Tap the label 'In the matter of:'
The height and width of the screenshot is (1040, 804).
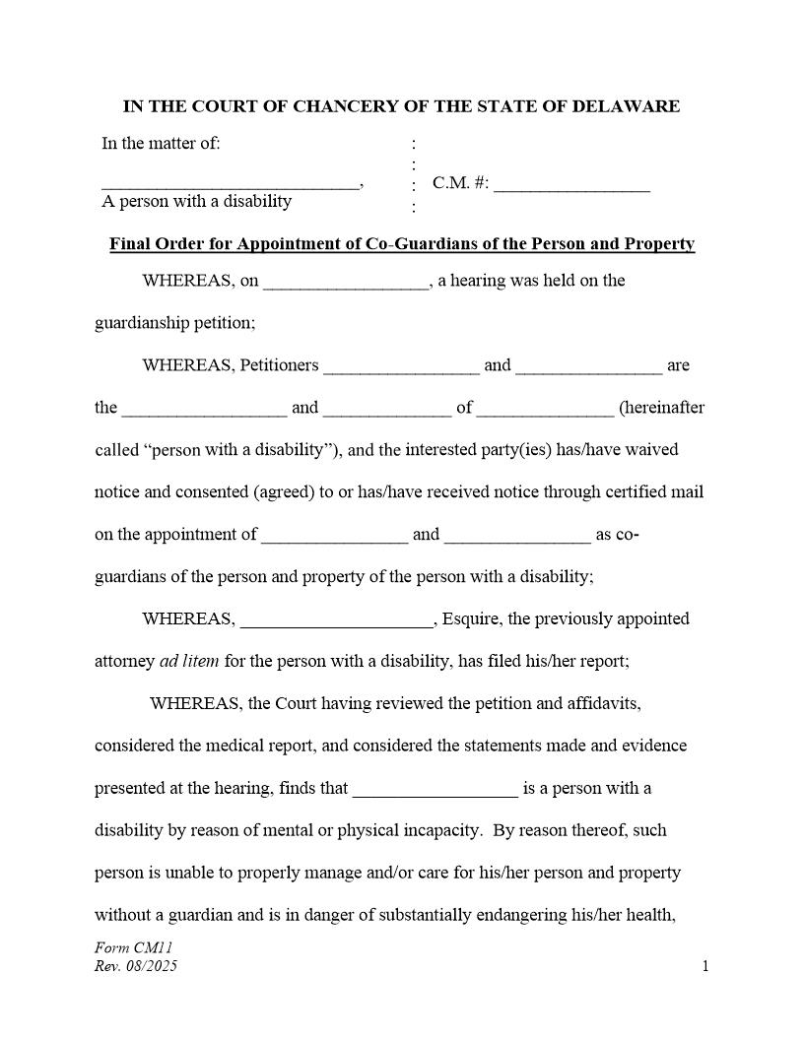161,144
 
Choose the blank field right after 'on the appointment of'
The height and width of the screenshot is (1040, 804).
334,539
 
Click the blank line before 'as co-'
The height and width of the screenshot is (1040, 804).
517,539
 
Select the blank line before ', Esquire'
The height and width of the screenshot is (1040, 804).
336,623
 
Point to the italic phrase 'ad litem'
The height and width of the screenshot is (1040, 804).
189,662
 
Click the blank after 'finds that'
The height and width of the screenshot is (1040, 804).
435,793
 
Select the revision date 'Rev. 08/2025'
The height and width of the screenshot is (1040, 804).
136,966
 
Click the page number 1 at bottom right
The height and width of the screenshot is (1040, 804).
705,966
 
